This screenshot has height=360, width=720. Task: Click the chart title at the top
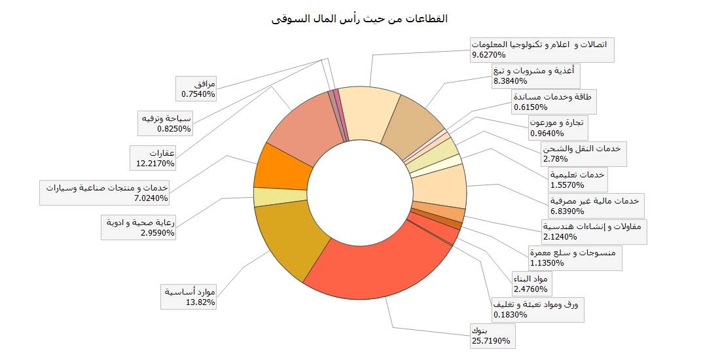coord(359,18)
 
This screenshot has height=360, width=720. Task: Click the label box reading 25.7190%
coord(490,335)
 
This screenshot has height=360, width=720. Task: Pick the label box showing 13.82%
coord(189,296)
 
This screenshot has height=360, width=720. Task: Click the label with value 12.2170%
coord(161,158)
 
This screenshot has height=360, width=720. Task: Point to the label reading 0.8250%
coord(166,123)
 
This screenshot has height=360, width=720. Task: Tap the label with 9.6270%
coord(541,50)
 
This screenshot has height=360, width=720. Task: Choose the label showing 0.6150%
coord(553,101)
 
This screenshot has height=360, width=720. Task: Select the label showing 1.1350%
coord(575,258)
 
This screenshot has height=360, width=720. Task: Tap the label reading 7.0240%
coord(107,192)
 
